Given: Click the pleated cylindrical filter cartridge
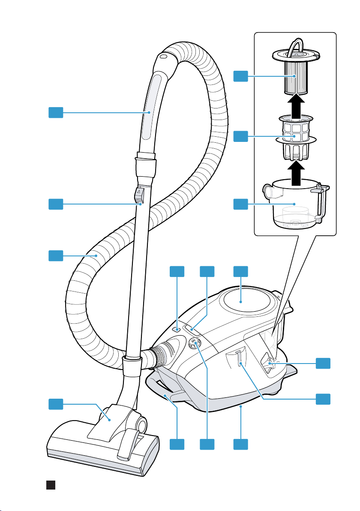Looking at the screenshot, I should pyautogui.click(x=296, y=75).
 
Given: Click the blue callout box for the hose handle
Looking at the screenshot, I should pyautogui.click(x=56, y=113).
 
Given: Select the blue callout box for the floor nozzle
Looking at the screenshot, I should pyautogui.click(x=56, y=404).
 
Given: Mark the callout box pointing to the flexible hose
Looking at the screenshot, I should pyautogui.click(x=56, y=256).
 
